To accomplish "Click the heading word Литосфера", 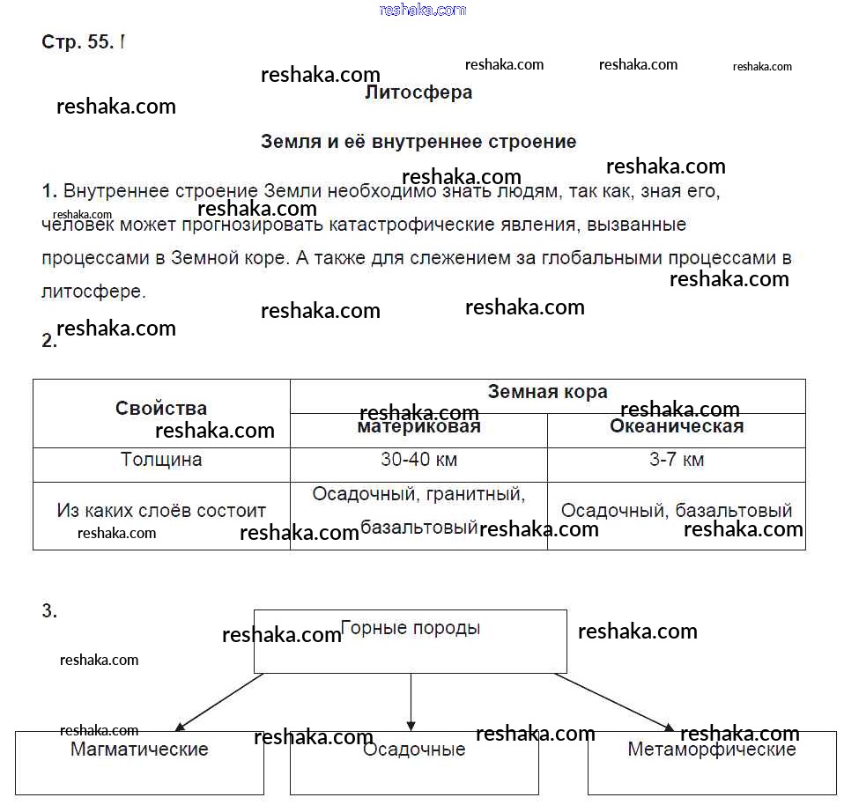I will pos(418,92).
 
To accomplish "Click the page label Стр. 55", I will pos(78,42).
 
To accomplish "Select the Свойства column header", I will pos(161,409).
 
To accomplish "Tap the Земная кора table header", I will pos(547,393).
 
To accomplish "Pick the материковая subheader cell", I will pos(418,427).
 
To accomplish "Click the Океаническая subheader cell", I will pos(677,427).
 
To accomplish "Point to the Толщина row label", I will pos(161,460).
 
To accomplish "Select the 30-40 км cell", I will pos(418,460).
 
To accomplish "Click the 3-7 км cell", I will pos(677,460).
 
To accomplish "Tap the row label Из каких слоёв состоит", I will pos(161,511).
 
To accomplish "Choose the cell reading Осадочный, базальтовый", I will pos(677,511).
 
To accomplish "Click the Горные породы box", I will pos(411,640).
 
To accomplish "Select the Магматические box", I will pos(139,762).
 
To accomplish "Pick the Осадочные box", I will pos(414,762).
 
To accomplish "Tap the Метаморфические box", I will pos(712,762).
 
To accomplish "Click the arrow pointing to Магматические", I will pos(220,702).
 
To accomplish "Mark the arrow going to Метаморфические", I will pos(614,702).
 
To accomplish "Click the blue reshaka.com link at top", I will pos(422,10).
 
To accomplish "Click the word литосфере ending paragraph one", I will pos(93,292).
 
